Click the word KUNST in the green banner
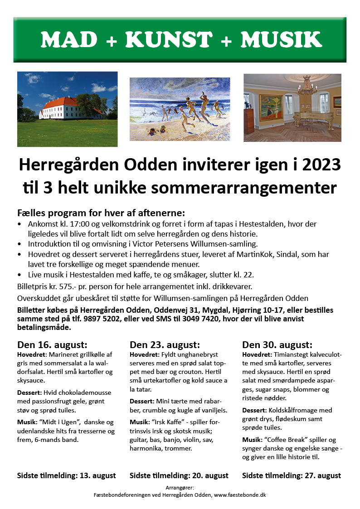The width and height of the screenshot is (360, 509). click(169, 40)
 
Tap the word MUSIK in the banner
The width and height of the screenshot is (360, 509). click(281, 40)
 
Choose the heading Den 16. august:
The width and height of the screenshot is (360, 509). click(52, 344)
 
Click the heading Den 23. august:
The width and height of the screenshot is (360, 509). click(165, 344)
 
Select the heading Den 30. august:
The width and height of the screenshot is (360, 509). click(277, 344)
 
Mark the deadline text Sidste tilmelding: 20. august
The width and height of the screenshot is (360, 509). click(179, 475)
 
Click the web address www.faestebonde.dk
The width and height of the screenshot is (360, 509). click(240, 495)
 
